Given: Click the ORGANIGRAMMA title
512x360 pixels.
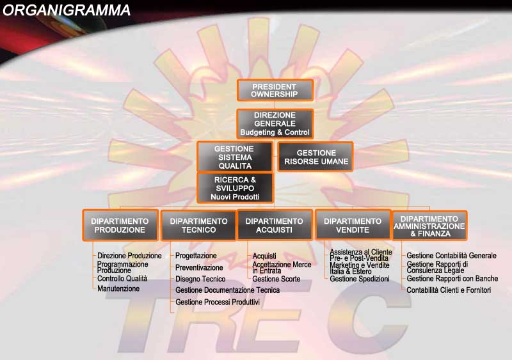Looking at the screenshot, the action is click(67, 10).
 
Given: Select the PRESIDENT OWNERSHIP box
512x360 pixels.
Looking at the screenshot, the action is click(275, 90).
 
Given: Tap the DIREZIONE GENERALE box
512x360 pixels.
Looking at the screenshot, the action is click(275, 123).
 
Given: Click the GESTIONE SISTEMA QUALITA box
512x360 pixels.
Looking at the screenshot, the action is click(235, 157).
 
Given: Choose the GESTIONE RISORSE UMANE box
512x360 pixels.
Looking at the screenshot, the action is click(316, 157).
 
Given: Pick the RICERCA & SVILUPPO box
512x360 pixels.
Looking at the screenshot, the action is click(235, 188).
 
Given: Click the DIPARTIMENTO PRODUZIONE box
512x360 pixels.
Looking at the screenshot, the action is click(120, 226).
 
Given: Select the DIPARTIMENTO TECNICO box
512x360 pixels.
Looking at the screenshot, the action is click(198, 226).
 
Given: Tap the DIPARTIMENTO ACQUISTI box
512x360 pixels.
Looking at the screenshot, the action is click(275, 226).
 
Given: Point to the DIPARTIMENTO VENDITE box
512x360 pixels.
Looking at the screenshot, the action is click(353, 226).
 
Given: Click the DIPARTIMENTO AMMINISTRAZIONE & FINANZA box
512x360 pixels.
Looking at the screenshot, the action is click(429, 226).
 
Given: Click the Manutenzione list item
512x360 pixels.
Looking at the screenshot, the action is click(118, 288).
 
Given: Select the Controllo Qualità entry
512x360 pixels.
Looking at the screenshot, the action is click(122, 278).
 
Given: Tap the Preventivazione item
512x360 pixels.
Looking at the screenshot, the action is click(199, 268).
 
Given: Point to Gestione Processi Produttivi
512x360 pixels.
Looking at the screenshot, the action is click(218, 302).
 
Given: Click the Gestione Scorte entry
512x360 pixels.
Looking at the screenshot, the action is click(276, 279).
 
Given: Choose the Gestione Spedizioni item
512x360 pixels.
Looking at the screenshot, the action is click(360, 279).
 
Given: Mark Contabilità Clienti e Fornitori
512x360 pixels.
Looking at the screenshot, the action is click(449, 290).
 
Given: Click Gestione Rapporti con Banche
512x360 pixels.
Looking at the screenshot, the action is click(452, 278).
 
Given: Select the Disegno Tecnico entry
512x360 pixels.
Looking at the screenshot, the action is click(200, 279).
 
